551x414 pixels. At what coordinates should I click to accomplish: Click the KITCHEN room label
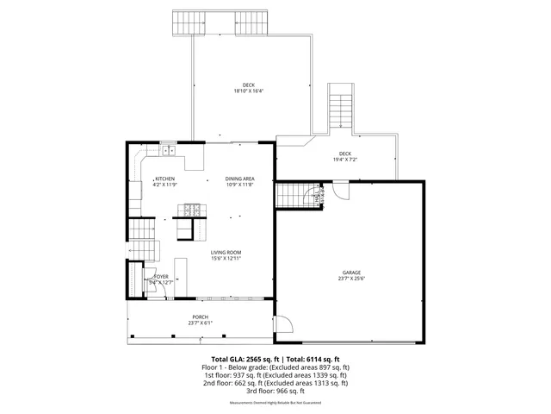[x=164, y=179]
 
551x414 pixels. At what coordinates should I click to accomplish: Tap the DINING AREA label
[x=240, y=179]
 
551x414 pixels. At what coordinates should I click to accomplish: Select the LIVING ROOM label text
[x=226, y=253]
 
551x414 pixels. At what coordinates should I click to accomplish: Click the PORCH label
[x=200, y=317]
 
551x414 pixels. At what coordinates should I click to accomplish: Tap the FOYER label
[x=161, y=277]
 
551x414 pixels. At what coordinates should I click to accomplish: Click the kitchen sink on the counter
[x=168, y=150]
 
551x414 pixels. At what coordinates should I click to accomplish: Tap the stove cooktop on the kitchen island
[x=190, y=208]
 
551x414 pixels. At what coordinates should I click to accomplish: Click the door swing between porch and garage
[x=280, y=324]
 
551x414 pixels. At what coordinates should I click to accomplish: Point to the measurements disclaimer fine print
[x=275, y=403]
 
